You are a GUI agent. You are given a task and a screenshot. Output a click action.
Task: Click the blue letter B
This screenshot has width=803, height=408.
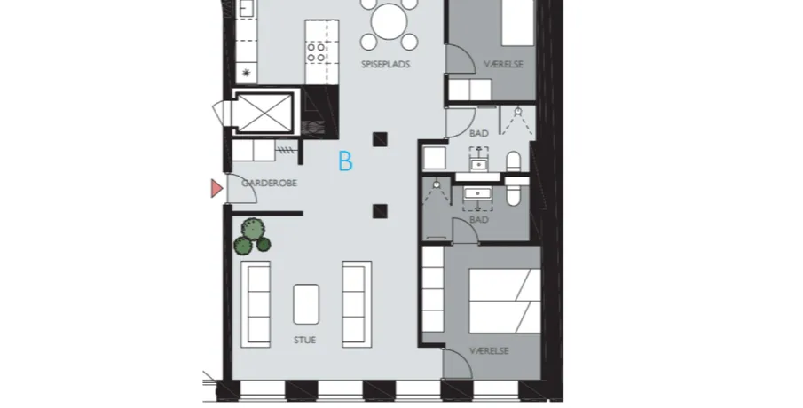[x=346, y=161]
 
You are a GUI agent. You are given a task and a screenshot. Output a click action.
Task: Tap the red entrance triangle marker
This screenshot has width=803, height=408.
[x=216, y=188]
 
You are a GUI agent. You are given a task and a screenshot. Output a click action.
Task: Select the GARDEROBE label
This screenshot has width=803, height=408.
[x=270, y=183]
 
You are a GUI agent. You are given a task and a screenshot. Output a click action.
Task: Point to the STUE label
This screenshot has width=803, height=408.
[x=304, y=340]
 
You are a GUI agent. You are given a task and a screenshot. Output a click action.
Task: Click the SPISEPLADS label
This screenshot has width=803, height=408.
[x=386, y=65]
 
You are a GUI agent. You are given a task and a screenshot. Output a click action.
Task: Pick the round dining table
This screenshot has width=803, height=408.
[x=390, y=21]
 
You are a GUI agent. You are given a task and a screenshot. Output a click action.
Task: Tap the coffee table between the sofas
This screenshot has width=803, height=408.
[x=306, y=304]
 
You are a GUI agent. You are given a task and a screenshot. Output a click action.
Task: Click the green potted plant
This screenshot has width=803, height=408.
[x=252, y=237]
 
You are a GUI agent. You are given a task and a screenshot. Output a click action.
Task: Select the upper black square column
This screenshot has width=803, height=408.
[x=380, y=139]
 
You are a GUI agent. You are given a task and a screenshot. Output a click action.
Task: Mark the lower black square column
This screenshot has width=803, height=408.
[x=380, y=211]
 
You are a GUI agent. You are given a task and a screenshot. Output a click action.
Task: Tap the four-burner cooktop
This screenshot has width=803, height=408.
[x=316, y=52]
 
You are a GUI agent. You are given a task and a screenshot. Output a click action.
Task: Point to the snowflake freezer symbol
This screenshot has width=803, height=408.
[x=247, y=74]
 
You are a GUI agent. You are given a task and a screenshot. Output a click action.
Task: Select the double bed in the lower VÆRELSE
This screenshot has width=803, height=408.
[x=505, y=302]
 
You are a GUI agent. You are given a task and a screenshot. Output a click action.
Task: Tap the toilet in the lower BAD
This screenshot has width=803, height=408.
[x=514, y=192]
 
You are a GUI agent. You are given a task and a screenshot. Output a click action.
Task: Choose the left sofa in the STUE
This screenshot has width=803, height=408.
[x=256, y=304]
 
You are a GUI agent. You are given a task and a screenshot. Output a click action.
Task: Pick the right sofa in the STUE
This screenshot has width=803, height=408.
[x=357, y=304]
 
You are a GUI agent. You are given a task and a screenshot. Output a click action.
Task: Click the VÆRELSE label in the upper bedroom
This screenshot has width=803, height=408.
[x=504, y=65]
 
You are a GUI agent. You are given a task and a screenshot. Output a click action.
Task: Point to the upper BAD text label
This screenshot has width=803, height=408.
[x=479, y=134]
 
